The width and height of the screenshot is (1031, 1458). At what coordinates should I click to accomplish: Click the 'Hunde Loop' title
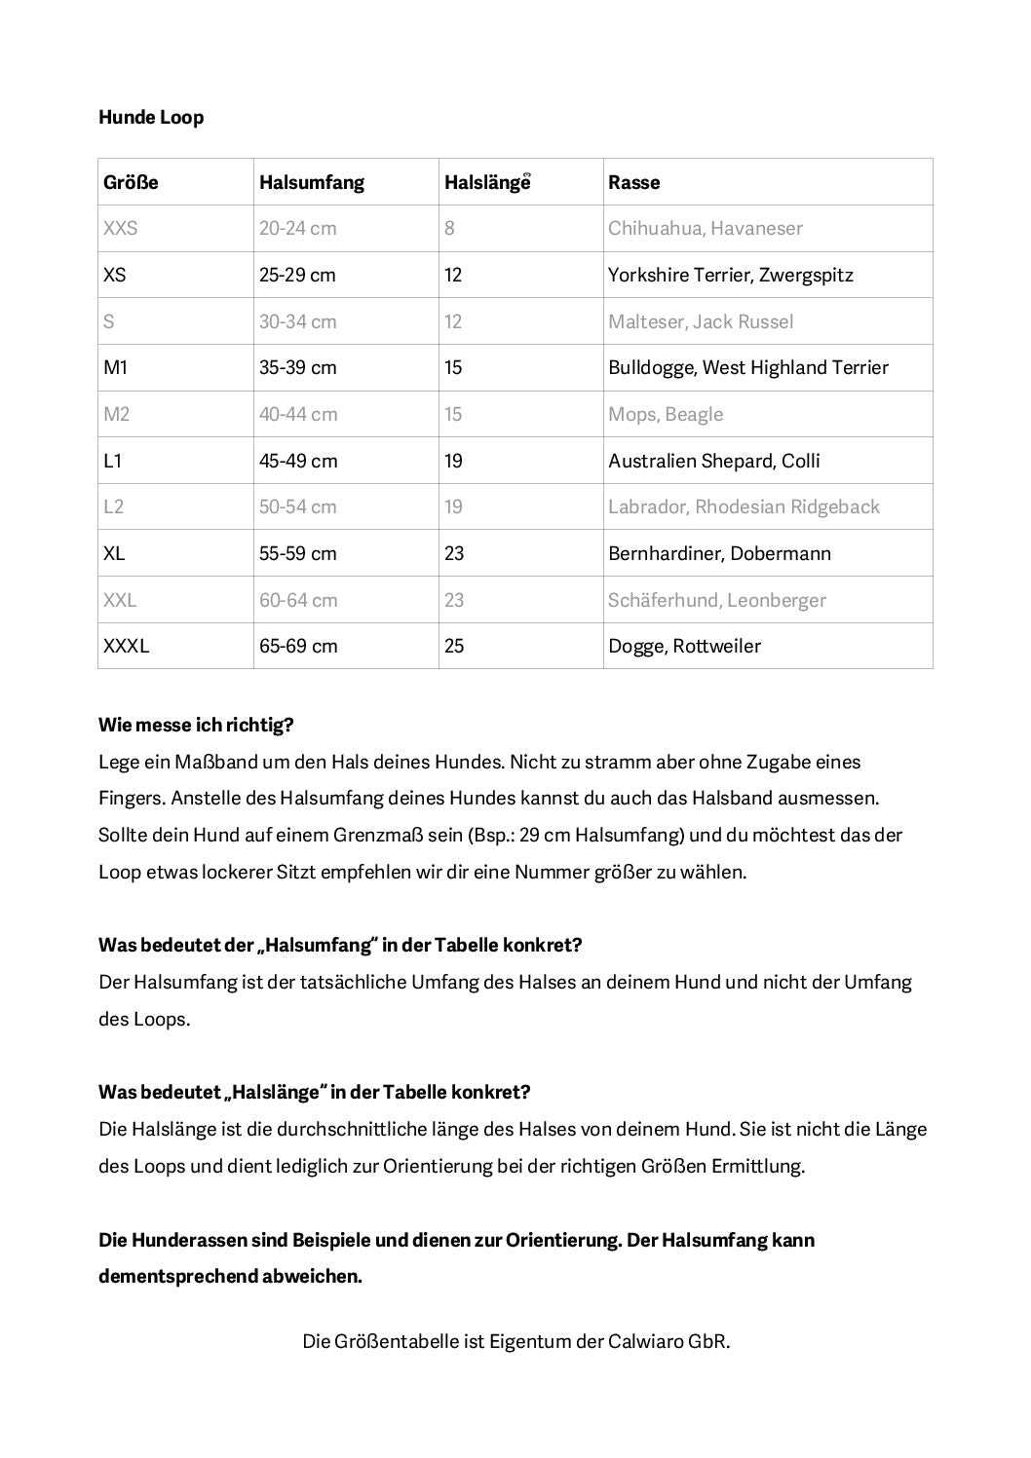(151, 118)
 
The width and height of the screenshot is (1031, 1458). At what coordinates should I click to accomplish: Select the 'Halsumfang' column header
(312, 182)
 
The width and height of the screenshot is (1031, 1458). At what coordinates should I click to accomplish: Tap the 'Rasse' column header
(633, 182)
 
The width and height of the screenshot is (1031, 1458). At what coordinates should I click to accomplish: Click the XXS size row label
(120, 229)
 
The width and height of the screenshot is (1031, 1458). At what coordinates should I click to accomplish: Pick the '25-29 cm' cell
(297, 275)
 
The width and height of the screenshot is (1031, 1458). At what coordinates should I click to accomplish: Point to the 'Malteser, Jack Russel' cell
(701, 321)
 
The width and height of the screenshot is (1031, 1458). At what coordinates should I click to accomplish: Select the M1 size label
(115, 367)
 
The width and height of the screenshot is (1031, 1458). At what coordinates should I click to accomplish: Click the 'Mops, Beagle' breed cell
(666, 414)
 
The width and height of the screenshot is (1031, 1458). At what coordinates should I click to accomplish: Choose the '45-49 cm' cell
(298, 461)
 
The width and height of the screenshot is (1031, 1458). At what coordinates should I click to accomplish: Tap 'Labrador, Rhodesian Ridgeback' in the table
(744, 506)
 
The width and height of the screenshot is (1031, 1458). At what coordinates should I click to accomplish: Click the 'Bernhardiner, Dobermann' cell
(719, 553)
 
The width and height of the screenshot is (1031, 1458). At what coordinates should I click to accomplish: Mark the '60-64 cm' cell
(298, 600)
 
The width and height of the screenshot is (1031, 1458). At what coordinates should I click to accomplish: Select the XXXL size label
(126, 646)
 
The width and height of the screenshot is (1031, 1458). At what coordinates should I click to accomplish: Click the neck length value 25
(454, 646)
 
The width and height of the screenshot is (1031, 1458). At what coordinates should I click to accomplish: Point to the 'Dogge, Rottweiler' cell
(684, 646)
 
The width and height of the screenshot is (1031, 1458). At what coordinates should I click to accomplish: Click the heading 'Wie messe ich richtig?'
(196, 726)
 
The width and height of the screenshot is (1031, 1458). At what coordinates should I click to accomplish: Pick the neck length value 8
(449, 229)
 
